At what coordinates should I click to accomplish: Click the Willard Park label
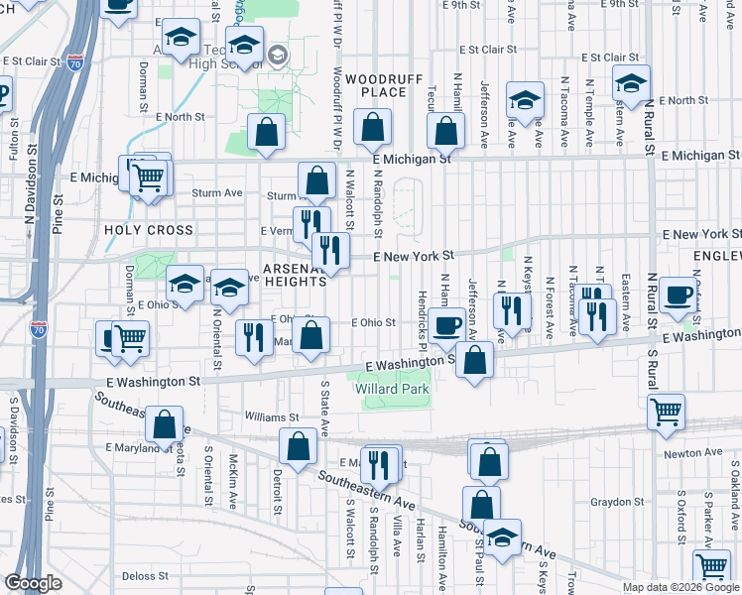[x=392, y=390]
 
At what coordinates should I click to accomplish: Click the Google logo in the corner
[x=34, y=582]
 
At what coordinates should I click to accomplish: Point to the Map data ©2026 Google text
[x=680, y=587]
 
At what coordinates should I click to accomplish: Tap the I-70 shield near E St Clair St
[x=75, y=63]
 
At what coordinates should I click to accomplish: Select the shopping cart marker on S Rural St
[x=666, y=411]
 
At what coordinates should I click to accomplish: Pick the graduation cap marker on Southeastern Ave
[x=502, y=537]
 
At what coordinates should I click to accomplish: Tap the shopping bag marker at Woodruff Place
[x=372, y=128]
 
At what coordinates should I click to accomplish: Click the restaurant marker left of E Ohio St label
[x=254, y=337]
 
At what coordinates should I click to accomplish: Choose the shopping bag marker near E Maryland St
[x=164, y=424]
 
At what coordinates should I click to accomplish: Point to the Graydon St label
[x=618, y=501]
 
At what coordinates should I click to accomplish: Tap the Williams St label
[x=273, y=418]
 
